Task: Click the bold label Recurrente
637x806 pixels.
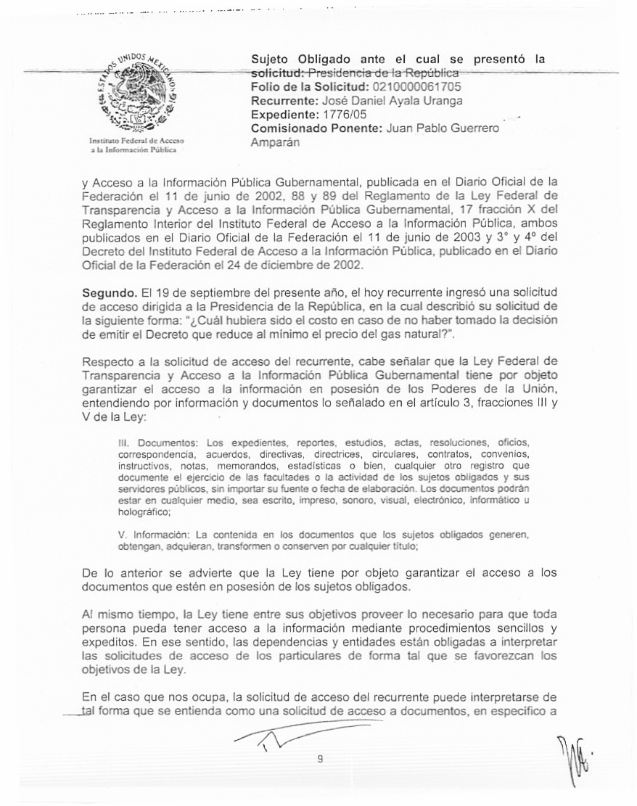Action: [x=281, y=101]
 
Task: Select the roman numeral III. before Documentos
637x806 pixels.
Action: [x=123, y=442]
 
